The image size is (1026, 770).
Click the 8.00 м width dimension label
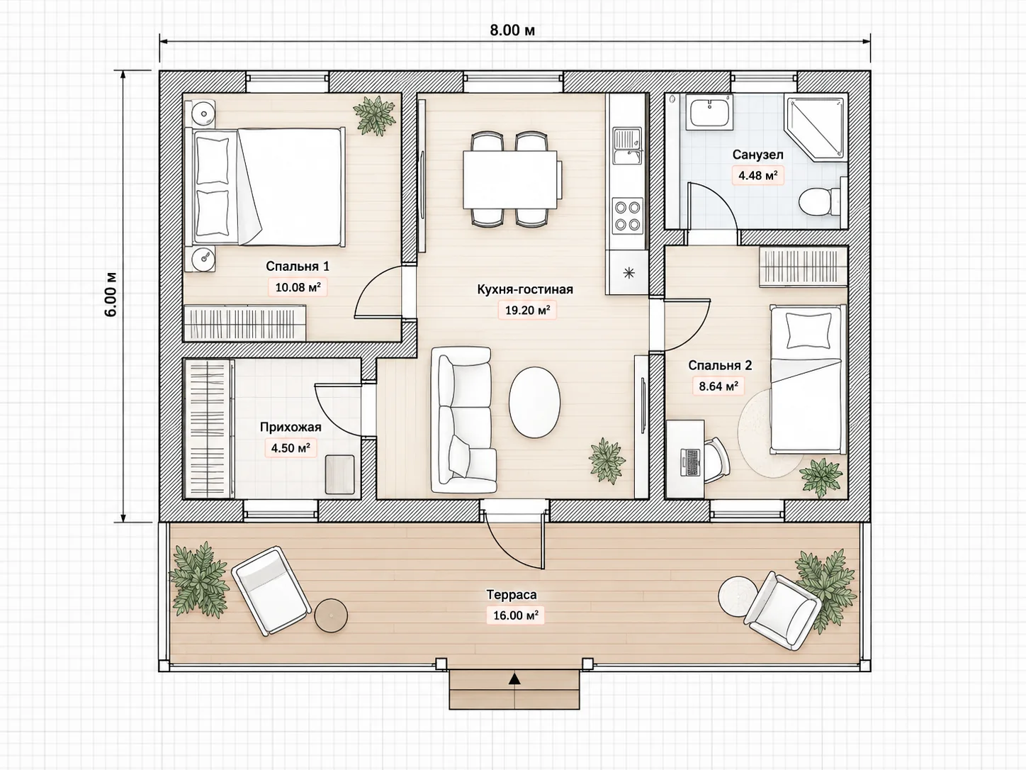click(x=512, y=30)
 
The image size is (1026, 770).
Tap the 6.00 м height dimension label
click(x=111, y=294)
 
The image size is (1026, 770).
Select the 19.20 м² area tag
click(x=526, y=310)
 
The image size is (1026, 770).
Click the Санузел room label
click(x=757, y=155)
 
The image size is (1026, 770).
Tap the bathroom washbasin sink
click(x=709, y=112)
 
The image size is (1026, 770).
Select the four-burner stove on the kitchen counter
click(x=627, y=215)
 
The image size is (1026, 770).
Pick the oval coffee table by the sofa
click(x=534, y=402)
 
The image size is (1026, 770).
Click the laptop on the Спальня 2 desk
click(x=690, y=462)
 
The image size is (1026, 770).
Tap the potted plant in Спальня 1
click(x=375, y=116)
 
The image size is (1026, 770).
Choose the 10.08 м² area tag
click(x=298, y=287)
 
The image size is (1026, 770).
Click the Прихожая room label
click(x=291, y=427)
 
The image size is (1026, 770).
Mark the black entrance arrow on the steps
click(x=514, y=679)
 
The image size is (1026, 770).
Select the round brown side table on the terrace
click(x=331, y=615)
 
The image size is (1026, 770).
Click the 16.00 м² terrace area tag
click(x=515, y=615)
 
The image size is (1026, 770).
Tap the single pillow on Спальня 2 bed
click(x=808, y=330)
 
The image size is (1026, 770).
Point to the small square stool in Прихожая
click(x=340, y=474)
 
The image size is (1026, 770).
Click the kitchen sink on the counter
click(x=627, y=147)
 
